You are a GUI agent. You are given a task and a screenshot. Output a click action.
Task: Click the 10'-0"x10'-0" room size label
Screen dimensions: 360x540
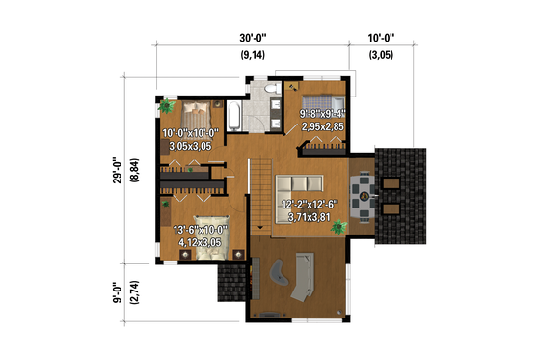coord(193,134)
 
